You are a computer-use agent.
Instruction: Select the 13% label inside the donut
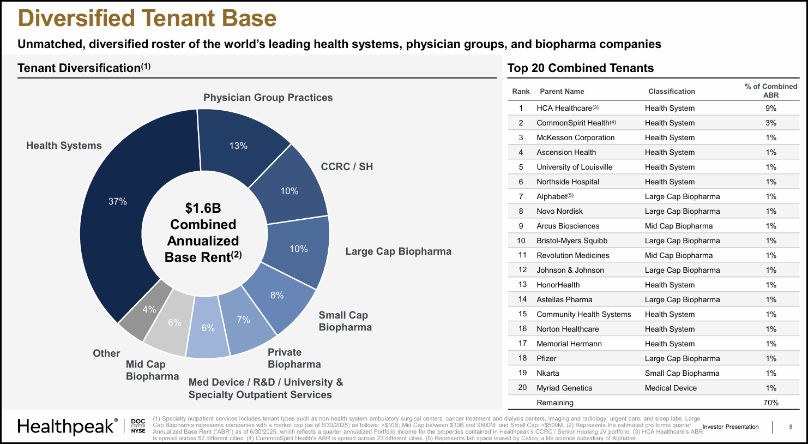[x=238, y=146]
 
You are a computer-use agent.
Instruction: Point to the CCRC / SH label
[x=347, y=167]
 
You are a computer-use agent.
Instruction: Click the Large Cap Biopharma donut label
[x=398, y=251]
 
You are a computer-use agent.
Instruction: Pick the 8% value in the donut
[x=277, y=295]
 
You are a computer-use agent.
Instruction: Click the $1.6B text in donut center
[x=203, y=208]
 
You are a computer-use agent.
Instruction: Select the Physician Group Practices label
[x=268, y=98]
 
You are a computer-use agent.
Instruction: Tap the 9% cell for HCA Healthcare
[x=770, y=108]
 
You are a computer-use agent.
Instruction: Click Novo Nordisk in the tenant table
[x=559, y=211]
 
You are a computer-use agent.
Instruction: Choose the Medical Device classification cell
[x=671, y=388]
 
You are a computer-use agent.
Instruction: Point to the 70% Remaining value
[x=770, y=403]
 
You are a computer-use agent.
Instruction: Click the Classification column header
[x=671, y=91]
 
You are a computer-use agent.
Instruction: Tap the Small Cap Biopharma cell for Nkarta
[x=682, y=373]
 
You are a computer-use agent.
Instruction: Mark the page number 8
[x=791, y=427]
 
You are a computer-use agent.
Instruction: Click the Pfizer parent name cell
[x=546, y=358]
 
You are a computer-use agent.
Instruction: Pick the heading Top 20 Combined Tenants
[x=580, y=68]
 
